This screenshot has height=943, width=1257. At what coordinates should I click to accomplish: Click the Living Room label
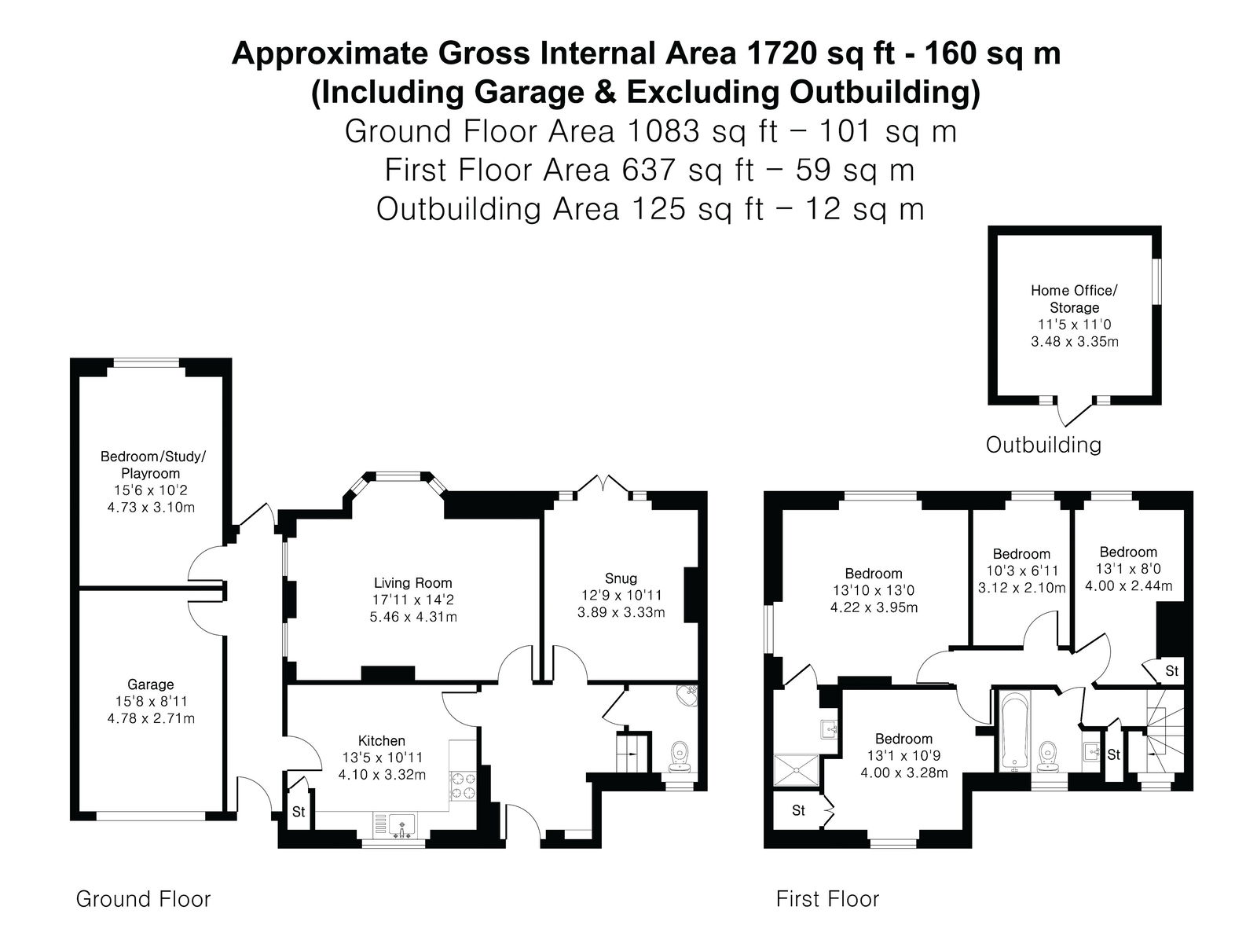(x=413, y=583)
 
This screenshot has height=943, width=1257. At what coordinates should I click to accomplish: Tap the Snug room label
(x=621, y=578)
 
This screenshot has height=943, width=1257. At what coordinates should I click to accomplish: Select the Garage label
(x=151, y=684)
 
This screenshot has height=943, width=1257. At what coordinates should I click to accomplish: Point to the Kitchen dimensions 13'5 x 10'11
(x=382, y=758)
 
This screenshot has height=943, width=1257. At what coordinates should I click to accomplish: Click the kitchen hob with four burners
(x=464, y=786)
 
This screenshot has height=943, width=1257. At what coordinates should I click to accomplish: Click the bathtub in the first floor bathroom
(x=1014, y=731)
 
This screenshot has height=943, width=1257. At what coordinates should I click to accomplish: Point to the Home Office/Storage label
(x=1074, y=299)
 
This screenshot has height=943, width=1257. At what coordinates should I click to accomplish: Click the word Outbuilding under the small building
(x=1043, y=445)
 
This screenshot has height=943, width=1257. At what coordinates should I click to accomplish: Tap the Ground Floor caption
(x=143, y=899)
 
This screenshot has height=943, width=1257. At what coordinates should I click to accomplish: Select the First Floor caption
(x=827, y=899)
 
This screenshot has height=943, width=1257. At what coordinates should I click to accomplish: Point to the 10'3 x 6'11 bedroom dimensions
(x=1021, y=571)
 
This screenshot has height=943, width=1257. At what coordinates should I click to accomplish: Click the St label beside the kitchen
(x=299, y=811)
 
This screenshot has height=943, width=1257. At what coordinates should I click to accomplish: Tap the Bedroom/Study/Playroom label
(x=152, y=464)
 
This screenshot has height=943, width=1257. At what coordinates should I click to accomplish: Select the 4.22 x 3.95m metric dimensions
(x=874, y=607)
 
